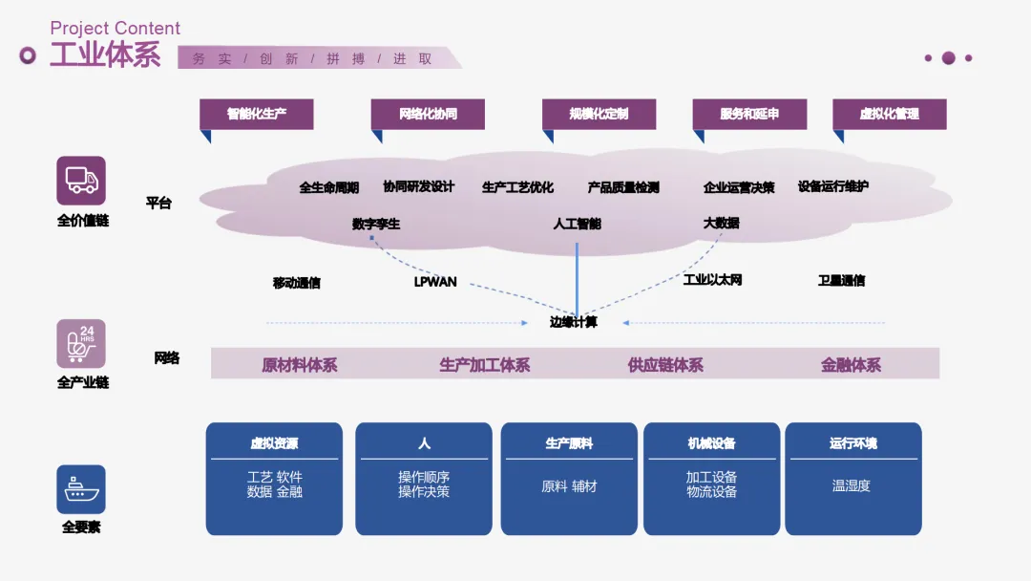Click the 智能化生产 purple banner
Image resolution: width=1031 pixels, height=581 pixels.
(256, 114)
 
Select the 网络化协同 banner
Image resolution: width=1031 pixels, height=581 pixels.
(428, 114)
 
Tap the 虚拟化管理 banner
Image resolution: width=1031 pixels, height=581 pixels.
(889, 114)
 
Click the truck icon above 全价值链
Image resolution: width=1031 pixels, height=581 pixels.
(81, 181)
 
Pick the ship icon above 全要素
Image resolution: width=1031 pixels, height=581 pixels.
(81, 489)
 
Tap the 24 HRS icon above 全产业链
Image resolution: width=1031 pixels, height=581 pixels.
(81, 343)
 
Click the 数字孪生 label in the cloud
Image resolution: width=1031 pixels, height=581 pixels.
(376, 224)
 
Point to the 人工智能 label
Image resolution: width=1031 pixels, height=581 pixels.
(577, 224)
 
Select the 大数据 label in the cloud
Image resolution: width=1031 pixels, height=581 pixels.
(721, 223)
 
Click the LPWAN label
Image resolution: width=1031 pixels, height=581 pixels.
(435, 282)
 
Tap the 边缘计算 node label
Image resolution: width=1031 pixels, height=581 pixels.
(574, 322)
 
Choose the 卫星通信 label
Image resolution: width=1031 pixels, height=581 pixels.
(841, 281)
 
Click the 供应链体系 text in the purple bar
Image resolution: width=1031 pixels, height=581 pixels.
(665, 365)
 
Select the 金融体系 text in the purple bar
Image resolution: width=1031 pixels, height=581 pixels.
(851, 365)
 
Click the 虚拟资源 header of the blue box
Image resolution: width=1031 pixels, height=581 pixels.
(274, 443)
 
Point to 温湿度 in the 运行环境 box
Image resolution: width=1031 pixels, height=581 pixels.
(852, 485)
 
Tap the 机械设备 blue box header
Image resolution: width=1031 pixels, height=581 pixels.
(711, 443)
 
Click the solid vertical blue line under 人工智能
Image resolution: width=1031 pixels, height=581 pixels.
(577, 277)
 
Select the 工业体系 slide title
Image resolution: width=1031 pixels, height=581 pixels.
(105, 54)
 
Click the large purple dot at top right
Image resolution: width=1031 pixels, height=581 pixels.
(948, 58)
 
